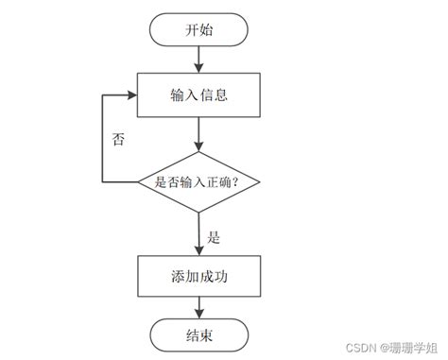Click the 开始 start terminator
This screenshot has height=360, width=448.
(x=198, y=29)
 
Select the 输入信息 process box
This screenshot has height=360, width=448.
(x=198, y=95)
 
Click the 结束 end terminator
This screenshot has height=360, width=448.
(x=198, y=334)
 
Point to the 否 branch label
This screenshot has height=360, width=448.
(x=118, y=139)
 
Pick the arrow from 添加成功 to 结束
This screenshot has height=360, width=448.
(x=198, y=305)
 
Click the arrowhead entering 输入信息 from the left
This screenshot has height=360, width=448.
(x=132, y=95)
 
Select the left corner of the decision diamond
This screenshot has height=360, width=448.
(x=139, y=180)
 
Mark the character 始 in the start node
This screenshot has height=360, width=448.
(x=206, y=29)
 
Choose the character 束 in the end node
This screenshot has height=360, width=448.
(x=206, y=334)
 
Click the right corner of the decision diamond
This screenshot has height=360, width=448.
(x=258, y=180)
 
